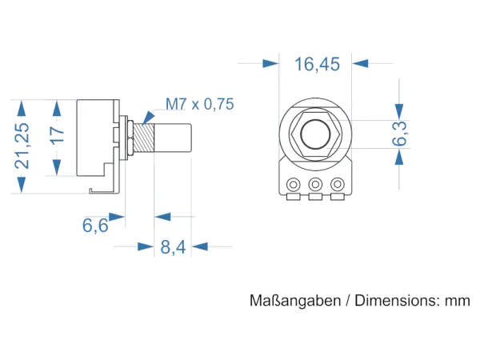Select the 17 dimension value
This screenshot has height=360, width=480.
[x=57, y=137]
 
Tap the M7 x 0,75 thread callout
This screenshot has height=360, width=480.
[x=199, y=104]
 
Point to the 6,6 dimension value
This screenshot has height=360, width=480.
[x=95, y=226]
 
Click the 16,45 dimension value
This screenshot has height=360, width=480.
[x=317, y=65]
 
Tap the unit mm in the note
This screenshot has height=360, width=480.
[x=458, y=302]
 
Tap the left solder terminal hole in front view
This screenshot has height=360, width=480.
[x=294, y=185]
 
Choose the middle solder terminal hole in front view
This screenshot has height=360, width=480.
[x=315, y=185]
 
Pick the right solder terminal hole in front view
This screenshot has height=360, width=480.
[x=338, y=185]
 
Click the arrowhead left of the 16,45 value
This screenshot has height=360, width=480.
[x=271, y=63]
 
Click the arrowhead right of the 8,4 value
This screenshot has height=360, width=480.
[x=200, y=246]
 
